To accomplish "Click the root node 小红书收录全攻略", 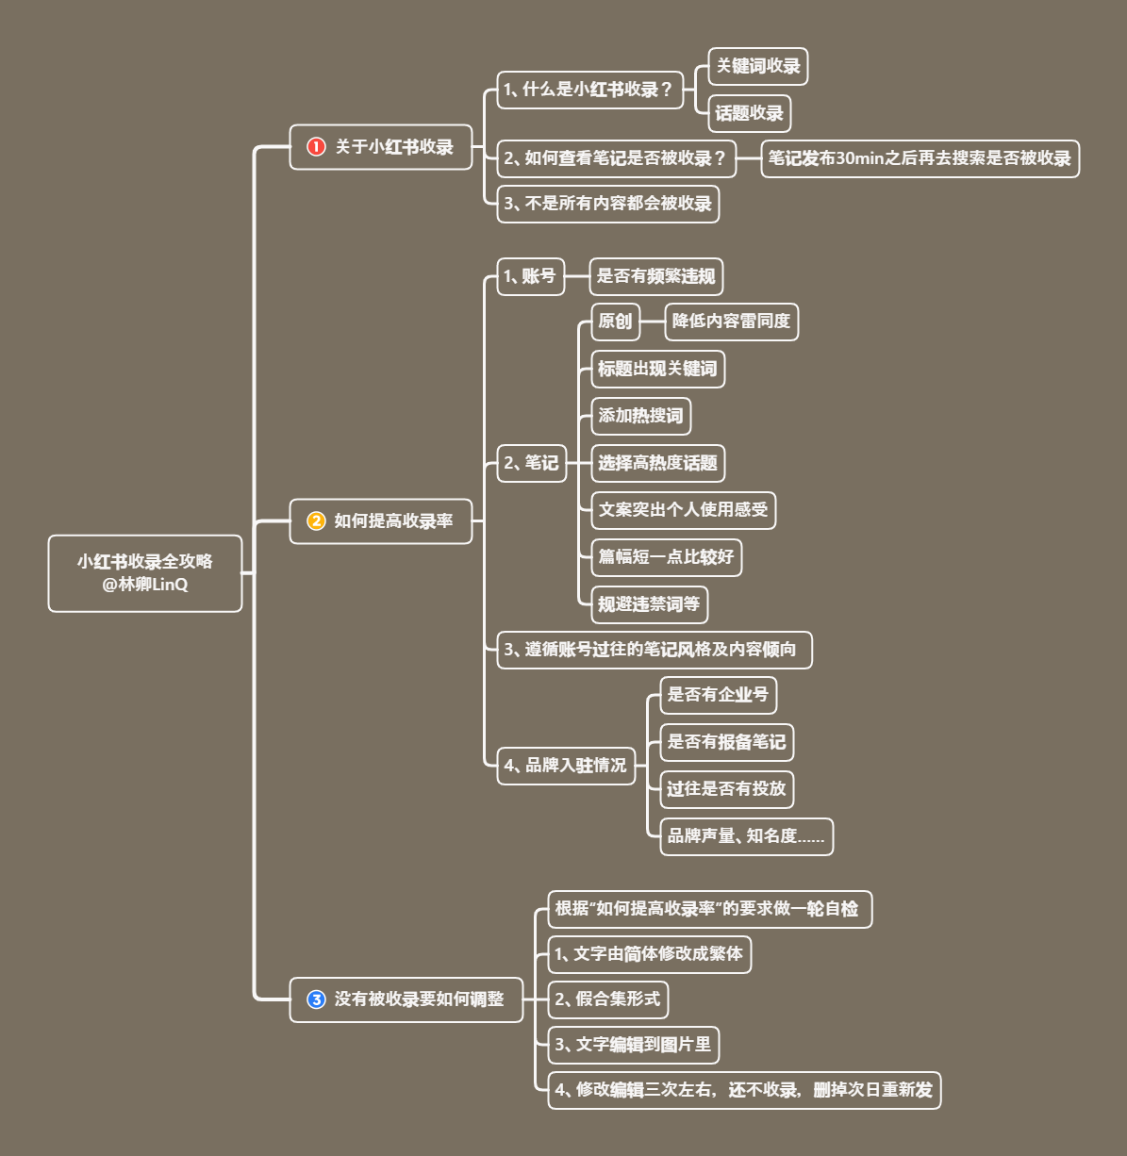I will coord(145,573).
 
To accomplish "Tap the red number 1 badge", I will coord(316,147).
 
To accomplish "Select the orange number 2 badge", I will coord(316,520).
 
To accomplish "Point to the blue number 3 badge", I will coord(316,999).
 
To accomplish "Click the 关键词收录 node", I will coord(757,66).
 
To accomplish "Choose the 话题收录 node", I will coord(749,113).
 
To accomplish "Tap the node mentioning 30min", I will coord(920,158).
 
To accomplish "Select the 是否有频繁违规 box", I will coord(655,276).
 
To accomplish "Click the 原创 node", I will coord(615,322).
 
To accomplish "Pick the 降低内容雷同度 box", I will coord(731,322).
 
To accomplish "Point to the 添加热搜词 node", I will coord(640,416).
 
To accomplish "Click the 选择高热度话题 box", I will coord(657,463).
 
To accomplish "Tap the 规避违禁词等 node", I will coord(649,604).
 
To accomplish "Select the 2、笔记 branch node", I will coord(531,463).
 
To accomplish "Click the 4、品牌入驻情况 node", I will coord(566,766).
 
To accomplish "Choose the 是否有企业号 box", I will coord(718,695).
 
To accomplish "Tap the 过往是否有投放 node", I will coord(726,789).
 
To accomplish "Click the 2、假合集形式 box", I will coord(608,999).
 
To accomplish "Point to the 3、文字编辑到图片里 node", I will coord(634,1045).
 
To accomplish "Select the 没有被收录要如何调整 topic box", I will coord(406,999).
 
